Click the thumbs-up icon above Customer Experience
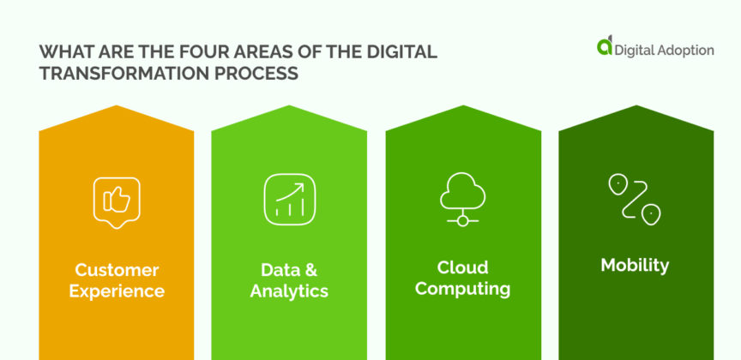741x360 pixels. [x=116, y=201]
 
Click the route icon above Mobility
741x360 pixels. [x=635, y=199]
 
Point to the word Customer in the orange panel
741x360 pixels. [x=117, y=269]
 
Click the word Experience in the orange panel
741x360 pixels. [x=117, y=291]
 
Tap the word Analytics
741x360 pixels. [x=289, y=291]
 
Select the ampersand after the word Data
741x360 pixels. [x=312, y=269]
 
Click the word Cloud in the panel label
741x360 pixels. [x=462, y=266]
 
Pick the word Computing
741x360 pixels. [x=462, y=288]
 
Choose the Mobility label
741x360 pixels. [x=635, y=265]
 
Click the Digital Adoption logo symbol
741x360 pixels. [x=605, y=48]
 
